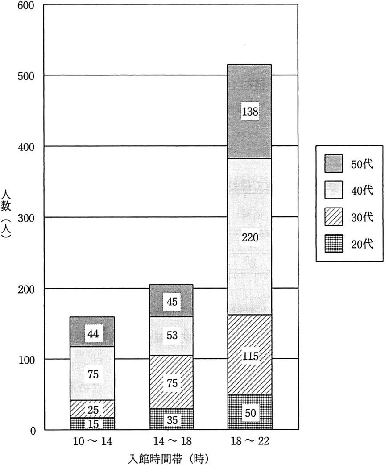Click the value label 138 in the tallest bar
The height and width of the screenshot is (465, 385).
tap(250, 112)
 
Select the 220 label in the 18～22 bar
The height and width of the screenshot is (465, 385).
tap(250, 237)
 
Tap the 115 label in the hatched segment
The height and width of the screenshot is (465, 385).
tap(250, 356)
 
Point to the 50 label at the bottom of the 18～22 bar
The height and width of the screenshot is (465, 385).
tap(250, 413)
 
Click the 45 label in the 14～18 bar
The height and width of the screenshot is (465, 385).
tap(172, 302)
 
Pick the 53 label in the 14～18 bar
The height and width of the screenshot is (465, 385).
tap(172, 336)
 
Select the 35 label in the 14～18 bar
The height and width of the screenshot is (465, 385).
tap(172, 420)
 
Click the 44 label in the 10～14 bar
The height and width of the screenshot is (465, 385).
tap(93, 334)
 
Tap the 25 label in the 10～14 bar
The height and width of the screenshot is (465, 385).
tap(93, 410)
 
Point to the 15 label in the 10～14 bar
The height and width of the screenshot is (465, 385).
tap(93, 424)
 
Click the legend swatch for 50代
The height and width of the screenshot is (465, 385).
tap(333, 163)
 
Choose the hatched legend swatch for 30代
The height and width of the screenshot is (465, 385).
tap(333, 216)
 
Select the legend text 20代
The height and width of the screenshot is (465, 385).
tap(362, 244)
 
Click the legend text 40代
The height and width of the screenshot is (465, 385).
tap(362, 190)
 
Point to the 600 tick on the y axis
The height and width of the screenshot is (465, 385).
tap(26, 5)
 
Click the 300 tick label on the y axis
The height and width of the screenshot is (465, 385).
tap(26, 218)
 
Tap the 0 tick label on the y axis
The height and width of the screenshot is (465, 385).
tap(32, 431)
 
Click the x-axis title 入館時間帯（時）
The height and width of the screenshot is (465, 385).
tap(168, 458)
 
